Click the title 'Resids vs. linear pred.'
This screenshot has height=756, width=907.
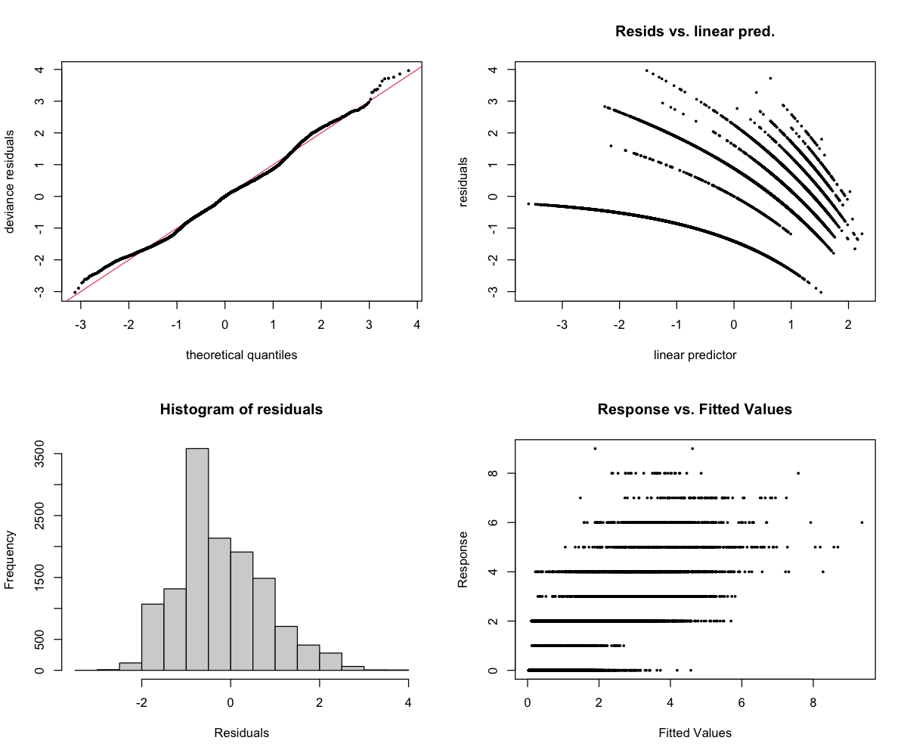[695, 32]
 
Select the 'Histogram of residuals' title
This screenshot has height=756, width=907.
[241, 410]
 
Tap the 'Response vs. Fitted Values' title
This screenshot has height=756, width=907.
[695, 410]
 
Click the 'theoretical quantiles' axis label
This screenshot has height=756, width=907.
[241, 355]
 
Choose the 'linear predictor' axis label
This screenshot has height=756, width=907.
[695, 355]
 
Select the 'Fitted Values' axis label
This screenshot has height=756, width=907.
[695, 733]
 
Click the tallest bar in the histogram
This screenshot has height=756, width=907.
[197, 559]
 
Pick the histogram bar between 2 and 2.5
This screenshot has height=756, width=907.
[330, 661]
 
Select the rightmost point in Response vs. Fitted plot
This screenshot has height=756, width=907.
[862, 522]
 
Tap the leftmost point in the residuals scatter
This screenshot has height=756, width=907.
[528, 204]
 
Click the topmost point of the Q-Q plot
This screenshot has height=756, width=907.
[408, 70]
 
